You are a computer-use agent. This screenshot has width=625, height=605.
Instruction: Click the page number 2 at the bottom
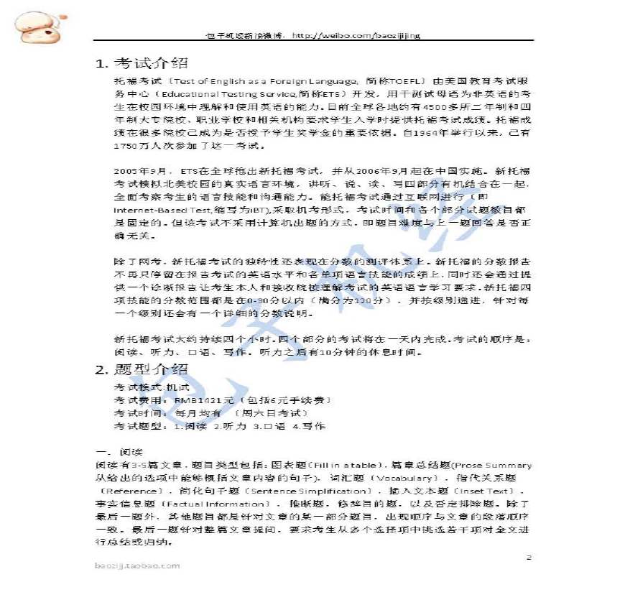528,557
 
